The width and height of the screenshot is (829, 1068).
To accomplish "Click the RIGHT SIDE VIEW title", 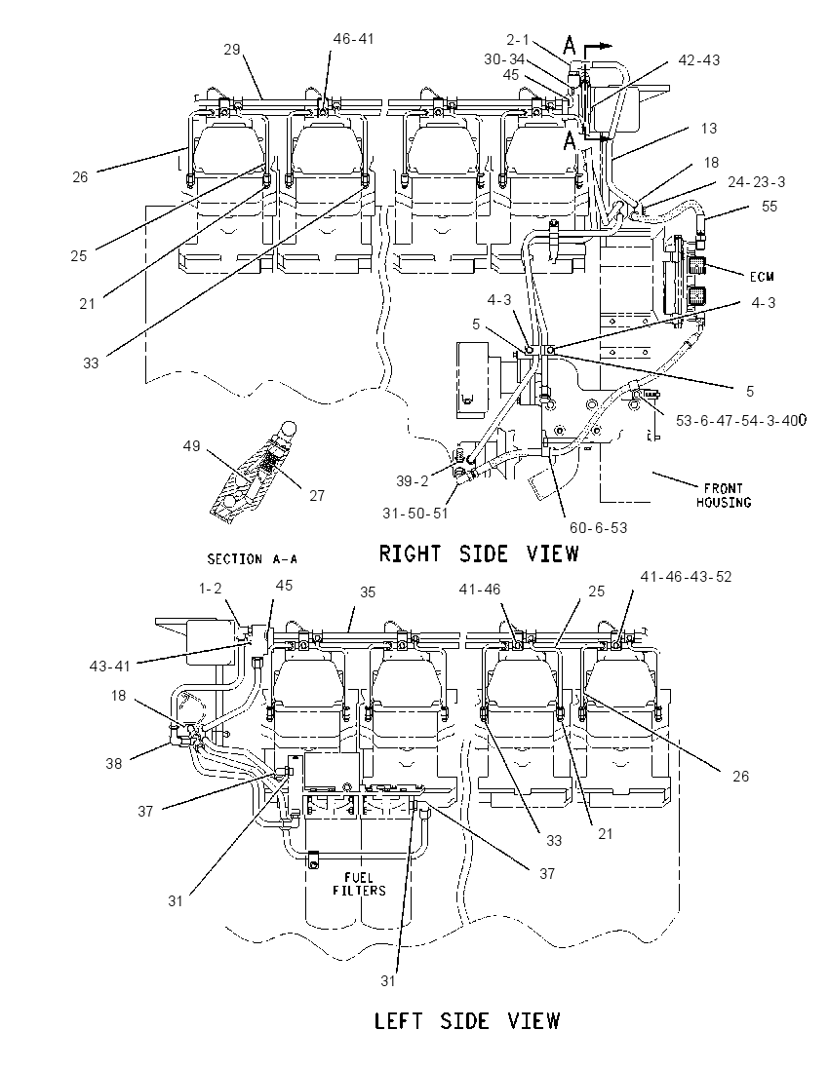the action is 479,553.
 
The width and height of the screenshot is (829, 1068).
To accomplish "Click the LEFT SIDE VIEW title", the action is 467,1020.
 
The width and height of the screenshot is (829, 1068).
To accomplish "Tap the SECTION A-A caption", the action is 253,559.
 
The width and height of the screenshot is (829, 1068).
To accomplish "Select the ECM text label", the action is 762,277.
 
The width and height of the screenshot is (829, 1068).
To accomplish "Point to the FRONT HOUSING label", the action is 724,495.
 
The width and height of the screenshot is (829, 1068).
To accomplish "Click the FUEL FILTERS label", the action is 359,884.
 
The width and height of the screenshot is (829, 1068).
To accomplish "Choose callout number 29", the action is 232,49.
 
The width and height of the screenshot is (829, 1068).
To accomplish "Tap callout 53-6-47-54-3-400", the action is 740,420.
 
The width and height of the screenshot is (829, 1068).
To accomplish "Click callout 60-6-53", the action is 598,527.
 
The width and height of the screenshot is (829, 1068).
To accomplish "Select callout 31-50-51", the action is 415,513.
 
